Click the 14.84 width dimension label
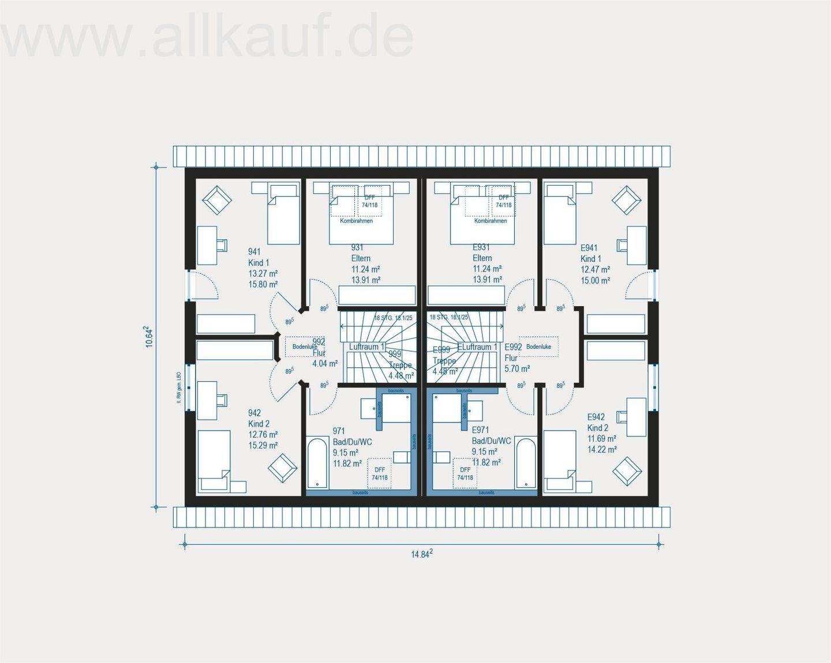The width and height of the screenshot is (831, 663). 421,554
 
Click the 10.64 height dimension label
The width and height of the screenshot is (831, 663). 149,337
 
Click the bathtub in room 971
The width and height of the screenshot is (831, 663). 317,464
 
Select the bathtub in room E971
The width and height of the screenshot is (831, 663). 526,464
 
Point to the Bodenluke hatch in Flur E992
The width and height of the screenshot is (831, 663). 538,346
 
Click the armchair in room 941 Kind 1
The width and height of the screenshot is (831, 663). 216,199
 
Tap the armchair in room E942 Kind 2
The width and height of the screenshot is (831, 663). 627,470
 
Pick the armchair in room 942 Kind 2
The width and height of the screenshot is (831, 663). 283,468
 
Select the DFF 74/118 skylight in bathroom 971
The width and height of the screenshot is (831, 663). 379,473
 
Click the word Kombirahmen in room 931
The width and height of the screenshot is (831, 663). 356,221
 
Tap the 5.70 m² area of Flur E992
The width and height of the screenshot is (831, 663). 517,368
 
